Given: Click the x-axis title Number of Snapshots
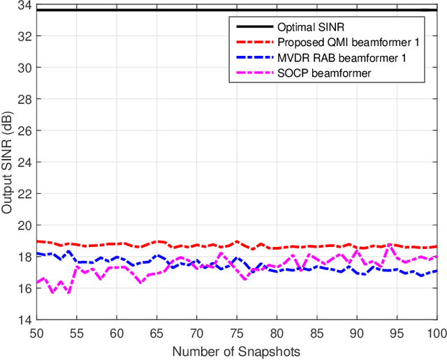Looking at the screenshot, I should [236, 351].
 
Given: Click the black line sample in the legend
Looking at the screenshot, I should [253, 27].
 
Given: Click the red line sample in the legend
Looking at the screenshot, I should [253, 43].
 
